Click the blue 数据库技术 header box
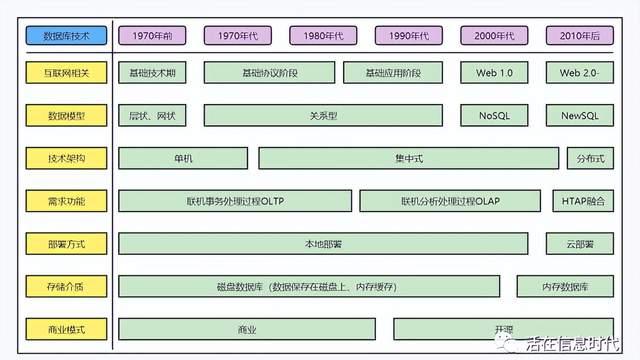coord(66,35)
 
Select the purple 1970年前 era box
coord(152,35)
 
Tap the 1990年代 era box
coord(408,35)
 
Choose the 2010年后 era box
coord(579,35)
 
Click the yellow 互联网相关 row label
coord(66,73)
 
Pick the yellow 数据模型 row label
coord(66,116)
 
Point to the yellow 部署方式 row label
coord(66,244)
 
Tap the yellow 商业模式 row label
coord(66,329)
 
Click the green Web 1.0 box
coord(494,73)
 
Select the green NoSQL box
coord(494,116)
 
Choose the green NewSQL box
coord(579,116)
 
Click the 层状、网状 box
coord(152,116)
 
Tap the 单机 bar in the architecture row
coord(183,158)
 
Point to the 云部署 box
coord(579,244)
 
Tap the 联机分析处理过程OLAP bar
coord(450,201)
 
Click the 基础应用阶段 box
coord(393,73)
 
